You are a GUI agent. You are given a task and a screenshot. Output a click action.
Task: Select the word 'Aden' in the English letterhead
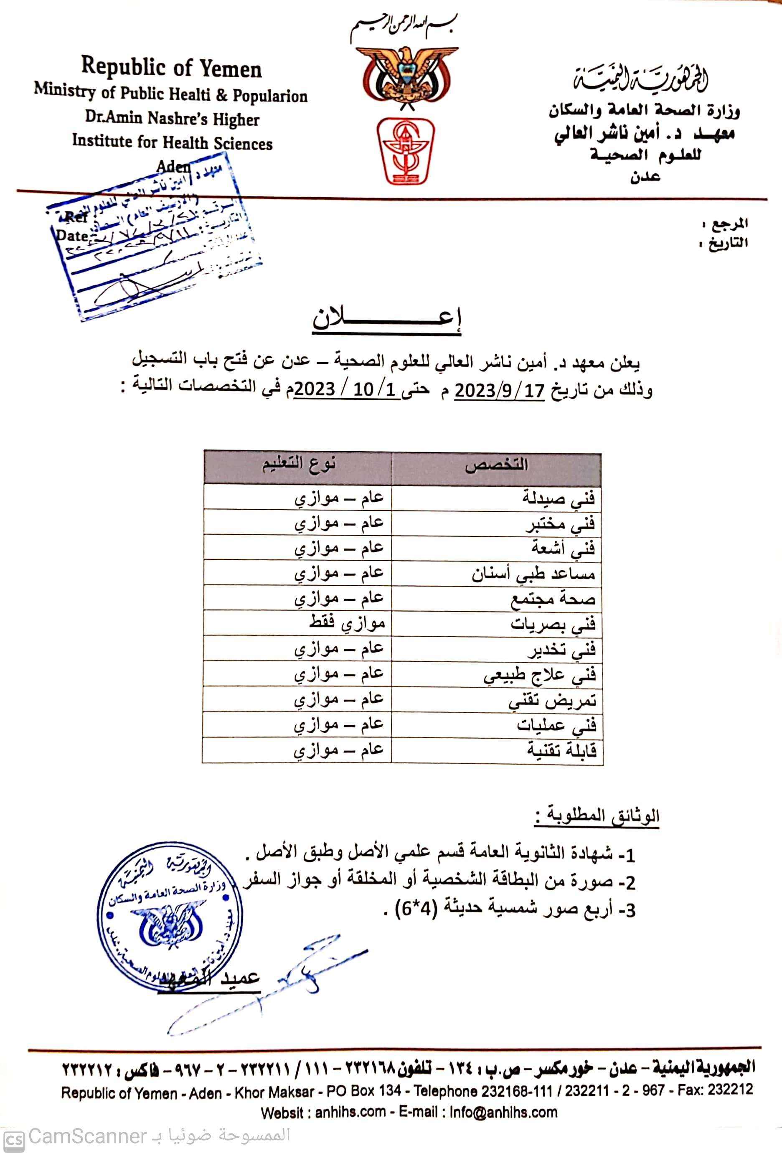click(173, 166)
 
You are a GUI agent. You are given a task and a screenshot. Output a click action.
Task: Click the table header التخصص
click(496, 466)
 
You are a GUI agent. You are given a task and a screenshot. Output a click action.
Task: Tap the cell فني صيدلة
click(558, 498)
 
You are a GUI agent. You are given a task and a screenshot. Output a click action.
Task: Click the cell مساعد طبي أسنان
click(533, 574)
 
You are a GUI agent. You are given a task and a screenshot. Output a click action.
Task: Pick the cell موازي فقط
click(347, 623)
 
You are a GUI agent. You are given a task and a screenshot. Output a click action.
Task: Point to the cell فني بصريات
click(553, 624)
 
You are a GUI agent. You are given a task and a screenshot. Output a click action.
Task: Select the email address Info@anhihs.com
click(503, 1112)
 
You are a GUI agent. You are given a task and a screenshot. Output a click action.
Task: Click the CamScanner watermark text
click(87, 1136)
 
